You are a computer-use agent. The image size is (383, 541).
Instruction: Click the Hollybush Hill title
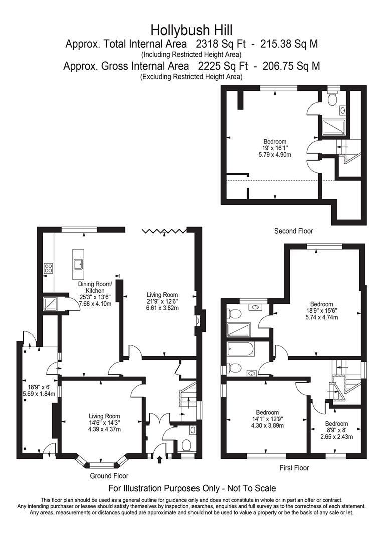192,30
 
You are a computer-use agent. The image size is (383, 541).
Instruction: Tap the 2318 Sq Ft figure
221,44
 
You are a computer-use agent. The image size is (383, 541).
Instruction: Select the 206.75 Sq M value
291,66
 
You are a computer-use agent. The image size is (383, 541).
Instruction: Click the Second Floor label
294,231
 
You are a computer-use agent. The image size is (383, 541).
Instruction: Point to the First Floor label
294,468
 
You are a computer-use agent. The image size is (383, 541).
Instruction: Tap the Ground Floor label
109,476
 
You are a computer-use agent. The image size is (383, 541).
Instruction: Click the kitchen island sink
78,264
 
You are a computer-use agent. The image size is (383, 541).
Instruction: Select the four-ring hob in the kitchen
48,268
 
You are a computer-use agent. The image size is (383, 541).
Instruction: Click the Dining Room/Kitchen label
95,288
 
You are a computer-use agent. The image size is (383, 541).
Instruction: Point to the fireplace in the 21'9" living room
198,321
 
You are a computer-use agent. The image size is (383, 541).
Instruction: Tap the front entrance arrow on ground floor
159,459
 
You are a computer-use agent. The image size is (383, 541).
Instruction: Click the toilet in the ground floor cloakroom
186,445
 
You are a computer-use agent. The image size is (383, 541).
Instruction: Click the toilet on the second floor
332,99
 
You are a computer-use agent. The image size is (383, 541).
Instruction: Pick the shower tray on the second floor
333,128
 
